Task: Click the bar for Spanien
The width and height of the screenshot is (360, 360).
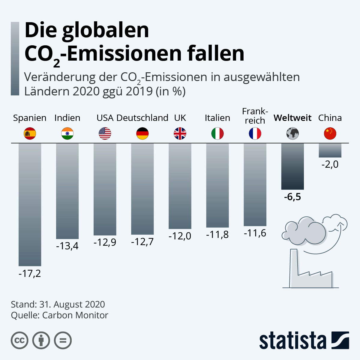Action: pos(30,204)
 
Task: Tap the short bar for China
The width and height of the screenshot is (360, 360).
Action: pos(330,150)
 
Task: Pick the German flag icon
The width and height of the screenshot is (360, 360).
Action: pos(142,133)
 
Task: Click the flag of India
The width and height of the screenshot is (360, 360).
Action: pos(67,133)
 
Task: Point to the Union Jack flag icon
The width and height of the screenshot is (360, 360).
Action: pos(180,133)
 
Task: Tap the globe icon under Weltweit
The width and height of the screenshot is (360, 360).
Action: pos(292,133)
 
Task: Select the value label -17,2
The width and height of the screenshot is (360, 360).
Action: pos(30,274)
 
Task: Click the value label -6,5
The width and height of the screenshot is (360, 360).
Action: pos(292,197)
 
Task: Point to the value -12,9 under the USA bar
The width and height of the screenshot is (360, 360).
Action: pos(105,242)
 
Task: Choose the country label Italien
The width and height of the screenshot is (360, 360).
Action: pos(217,118)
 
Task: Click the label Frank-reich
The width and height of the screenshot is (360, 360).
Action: pos(255,116)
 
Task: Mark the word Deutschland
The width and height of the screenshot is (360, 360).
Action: pos(142,118)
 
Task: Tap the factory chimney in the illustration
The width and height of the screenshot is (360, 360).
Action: pos(294,267)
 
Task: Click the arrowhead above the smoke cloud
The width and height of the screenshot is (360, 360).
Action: pos(341,222)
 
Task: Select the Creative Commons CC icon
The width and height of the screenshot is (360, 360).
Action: pos(19,340)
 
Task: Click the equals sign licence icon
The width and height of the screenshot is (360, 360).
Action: pos(63,340)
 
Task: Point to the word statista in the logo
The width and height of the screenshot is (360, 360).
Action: pos(292,340)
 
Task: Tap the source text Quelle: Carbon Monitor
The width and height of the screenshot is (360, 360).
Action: pos(59,315)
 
